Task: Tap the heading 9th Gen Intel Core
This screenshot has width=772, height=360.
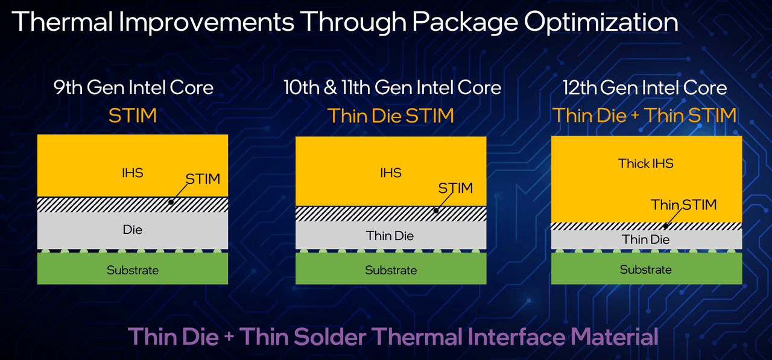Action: coord(133,87)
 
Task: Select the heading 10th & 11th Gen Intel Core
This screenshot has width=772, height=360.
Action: coord(392,87)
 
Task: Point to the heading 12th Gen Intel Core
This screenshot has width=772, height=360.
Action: coord(645,87)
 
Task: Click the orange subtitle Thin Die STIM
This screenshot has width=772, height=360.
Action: coord(390,115)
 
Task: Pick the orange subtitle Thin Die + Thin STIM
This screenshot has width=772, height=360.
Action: coord(645,115)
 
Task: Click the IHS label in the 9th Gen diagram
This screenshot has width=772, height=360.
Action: coord(132,172)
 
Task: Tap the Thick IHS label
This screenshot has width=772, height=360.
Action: coord(645,163)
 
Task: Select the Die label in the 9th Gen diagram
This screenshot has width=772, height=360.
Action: coord(132,230)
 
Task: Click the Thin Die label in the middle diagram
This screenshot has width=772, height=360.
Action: coord(390,236)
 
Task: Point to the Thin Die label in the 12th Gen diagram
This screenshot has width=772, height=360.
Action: coord(645,239)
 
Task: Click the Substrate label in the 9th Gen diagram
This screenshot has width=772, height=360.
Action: coord(133,270)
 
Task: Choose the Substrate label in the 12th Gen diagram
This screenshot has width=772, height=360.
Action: coord(645,270)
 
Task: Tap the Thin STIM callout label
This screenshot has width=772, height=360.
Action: coord(684,205)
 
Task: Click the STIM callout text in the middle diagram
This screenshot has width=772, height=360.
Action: coord(455,188)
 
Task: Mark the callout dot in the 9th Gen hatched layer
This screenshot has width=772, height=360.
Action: coord(171,202)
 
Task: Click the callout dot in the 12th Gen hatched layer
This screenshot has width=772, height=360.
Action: coord(666,226)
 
